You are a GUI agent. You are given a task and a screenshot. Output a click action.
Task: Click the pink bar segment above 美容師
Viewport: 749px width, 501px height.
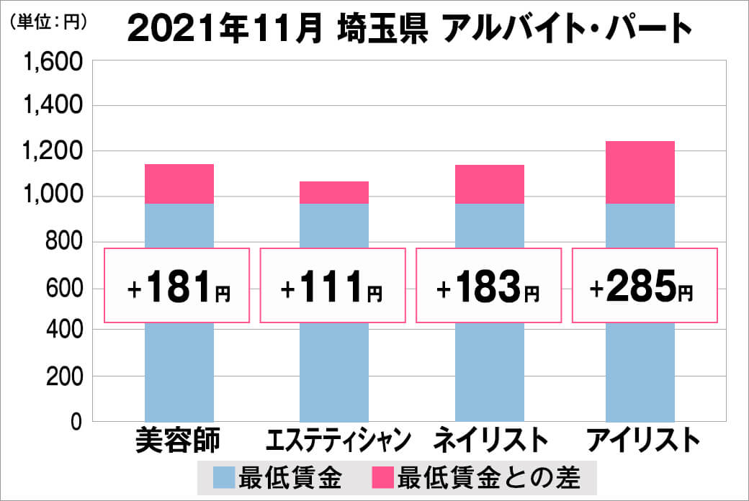(x=179, y=184)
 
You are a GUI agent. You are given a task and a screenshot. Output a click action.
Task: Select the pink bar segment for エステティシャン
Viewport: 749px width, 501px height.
(x=333, y=193)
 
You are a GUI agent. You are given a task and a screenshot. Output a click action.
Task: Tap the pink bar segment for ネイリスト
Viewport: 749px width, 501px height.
(x=489, y=184)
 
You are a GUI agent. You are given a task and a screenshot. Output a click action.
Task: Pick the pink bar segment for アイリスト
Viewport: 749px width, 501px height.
(x=640, y=173)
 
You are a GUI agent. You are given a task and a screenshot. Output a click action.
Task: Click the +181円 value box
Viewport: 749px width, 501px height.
(x=177, y=285)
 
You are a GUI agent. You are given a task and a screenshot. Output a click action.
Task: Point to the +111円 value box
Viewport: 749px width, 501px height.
(x=333, y=285)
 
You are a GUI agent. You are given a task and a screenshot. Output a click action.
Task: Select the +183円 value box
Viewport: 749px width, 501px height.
(x=488, y=285)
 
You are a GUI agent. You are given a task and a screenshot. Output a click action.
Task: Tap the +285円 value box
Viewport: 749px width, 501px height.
(x=645, y=285)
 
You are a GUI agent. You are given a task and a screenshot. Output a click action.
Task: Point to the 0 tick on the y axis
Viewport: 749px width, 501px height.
(x=74, y=422)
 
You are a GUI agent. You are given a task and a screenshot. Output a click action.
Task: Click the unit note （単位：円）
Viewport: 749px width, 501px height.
(x=49, y=22)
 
